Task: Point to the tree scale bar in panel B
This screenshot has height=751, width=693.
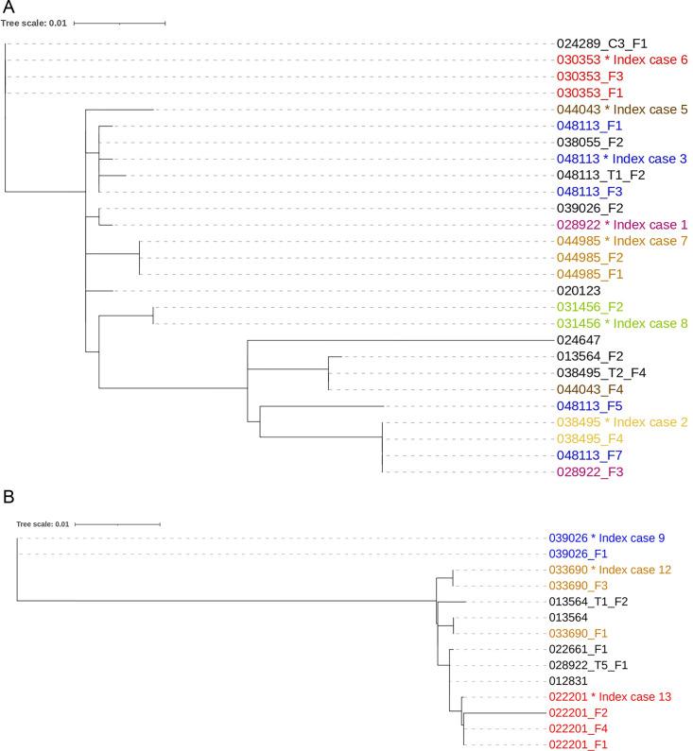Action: pos(117,523)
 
